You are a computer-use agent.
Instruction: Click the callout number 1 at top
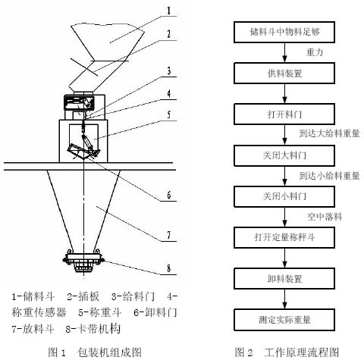click(x=168, y=11)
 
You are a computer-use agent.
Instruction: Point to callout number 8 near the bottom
click(x=168, y=268)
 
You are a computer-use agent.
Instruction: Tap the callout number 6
click(x=168, y=195)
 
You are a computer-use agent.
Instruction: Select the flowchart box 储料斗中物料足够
click(x=284, y=32)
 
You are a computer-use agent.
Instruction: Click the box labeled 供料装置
click(x=284, y=74)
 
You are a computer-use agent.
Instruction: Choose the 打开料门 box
click(x=284, y=114)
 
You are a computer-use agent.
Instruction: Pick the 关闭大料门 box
click(x=284, y=155)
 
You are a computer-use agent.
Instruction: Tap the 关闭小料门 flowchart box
click(x=284, y=196)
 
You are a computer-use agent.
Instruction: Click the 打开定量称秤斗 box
click(x=284, y=237)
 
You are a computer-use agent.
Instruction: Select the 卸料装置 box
click(x=284, y=279)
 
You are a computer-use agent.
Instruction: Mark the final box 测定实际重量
click(x=284, y=320)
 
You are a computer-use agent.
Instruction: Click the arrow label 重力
click(x=315, y=52)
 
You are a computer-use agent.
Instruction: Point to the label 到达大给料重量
click(x=330, y=133)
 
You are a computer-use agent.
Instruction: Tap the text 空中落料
click(x=325, y=217)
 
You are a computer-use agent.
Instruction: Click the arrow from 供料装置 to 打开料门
click(x=284, y=94)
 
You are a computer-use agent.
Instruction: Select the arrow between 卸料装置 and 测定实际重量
click(x=284, y=299)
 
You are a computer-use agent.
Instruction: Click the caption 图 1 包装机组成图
click(x=95, y=352)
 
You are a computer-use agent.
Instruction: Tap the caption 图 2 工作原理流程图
click(x=287, y=352)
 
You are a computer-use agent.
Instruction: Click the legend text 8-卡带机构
click(x=93, y=329)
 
